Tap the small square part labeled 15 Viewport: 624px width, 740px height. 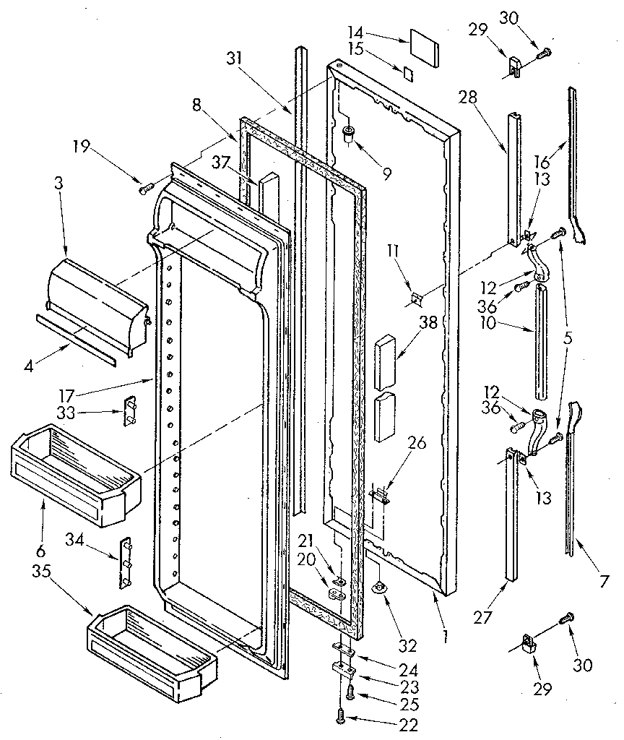click(408, 72)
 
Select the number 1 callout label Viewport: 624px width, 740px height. click(446, 636)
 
